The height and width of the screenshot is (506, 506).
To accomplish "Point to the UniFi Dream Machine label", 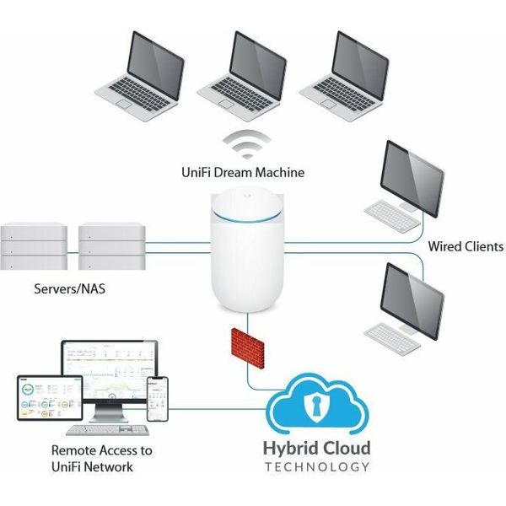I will point(243,173).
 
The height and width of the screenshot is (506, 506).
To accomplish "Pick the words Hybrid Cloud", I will point(316,448).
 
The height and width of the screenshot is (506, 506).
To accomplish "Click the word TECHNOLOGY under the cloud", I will point(316,466).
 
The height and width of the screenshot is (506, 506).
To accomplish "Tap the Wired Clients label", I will point(466,247).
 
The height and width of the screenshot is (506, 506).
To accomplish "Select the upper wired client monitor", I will point(413,175).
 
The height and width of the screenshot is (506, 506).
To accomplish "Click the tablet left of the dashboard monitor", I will point(35,398).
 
